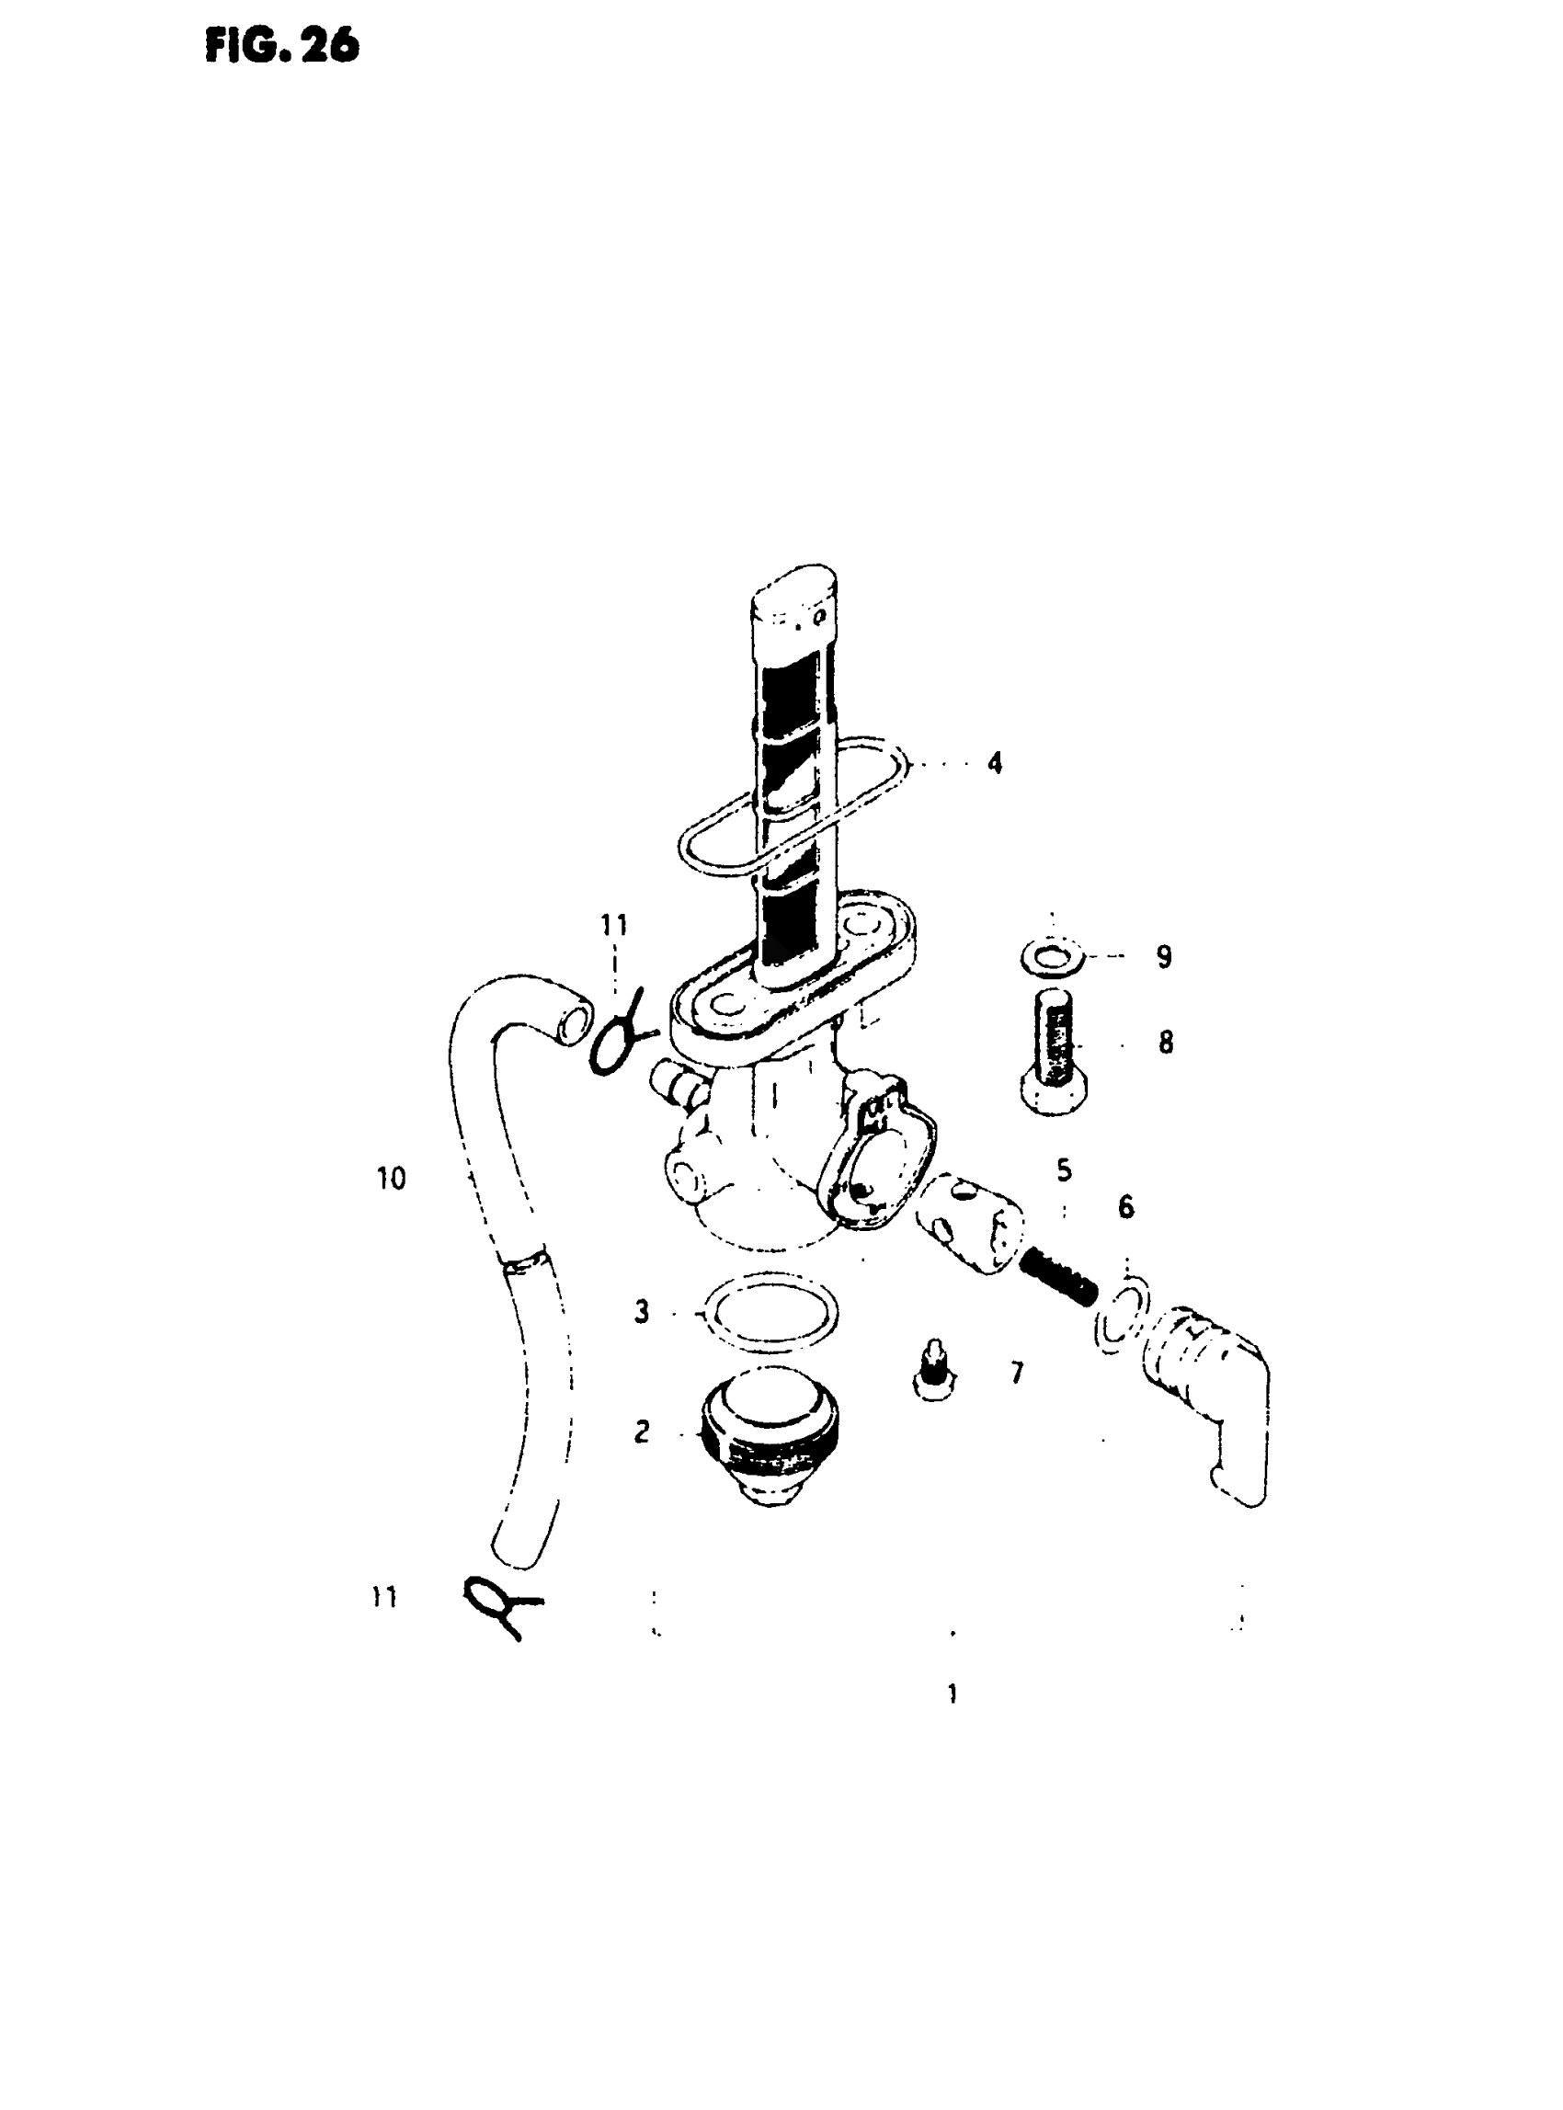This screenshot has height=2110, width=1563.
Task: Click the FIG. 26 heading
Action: tap(281, 45)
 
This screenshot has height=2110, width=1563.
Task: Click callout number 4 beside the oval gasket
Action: tap(995, 762)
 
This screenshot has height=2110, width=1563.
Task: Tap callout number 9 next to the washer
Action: tap(1164, 956)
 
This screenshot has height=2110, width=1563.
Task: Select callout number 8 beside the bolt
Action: tap(1166, 1043)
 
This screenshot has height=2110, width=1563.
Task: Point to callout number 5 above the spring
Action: tap(1065, 1170)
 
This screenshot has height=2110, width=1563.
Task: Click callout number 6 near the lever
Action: tap(1126, 1206)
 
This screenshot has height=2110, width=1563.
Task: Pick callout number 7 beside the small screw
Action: tap(1017, 1373)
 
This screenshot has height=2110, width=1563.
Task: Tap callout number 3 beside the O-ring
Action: tap(642, 1312)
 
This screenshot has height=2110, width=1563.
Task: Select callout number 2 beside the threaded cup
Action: tap(642, 1431)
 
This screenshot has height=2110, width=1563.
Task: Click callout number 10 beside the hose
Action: tap(391, 1179)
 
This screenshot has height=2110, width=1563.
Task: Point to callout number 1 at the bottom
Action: tap(952, 1694)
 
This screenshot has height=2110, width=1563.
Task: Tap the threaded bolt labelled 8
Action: tap(1053, 1050)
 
